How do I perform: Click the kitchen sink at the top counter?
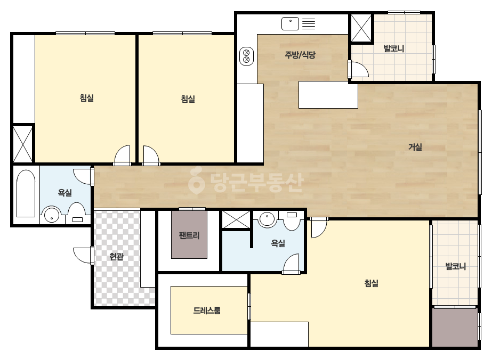[290, 23]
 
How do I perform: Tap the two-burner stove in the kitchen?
[247, 56]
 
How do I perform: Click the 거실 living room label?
[415, 147]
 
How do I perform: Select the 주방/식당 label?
[300, 55]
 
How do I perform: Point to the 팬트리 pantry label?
[189, 235]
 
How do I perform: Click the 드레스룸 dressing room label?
[207, 310]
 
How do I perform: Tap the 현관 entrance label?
[116, 257]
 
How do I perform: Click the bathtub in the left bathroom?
[26, 193]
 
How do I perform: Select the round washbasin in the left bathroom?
[52, 215]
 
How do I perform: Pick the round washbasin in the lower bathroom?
[267, 218]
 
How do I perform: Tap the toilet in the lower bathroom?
[292, 220]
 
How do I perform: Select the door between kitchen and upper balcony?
[358, 69]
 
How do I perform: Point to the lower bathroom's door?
[291, 264]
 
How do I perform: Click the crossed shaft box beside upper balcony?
[361, 28]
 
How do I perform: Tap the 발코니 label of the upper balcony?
[394, 48]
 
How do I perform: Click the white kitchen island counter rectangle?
[328, 95]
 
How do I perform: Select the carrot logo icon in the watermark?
[196, 181]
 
